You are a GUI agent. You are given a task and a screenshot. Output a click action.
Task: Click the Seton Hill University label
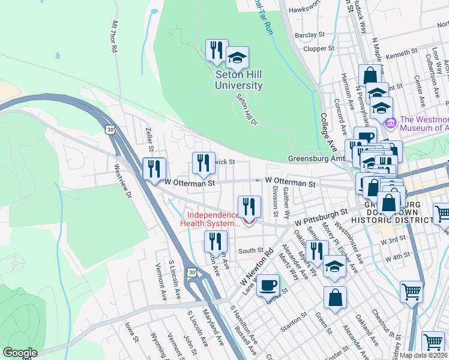(239, 80)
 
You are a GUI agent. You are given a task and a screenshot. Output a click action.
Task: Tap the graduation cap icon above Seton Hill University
(237, 58)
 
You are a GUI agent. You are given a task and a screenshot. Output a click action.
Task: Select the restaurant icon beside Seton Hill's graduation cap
(216, 51)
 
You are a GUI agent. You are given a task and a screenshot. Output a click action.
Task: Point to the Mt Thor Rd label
(113, 37)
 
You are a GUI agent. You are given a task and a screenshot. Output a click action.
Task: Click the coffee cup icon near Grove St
(268, 286)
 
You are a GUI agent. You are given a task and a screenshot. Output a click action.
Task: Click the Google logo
(20, 353)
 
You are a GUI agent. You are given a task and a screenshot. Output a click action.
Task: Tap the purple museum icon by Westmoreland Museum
(391, 123)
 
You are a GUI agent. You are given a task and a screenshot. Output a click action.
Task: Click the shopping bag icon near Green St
(335, 296)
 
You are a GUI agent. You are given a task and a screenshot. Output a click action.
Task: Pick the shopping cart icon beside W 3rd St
(442, 213)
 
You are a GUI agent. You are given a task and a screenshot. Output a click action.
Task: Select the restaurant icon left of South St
(215, 241)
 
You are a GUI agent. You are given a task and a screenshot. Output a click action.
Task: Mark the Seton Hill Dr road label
(246, 110)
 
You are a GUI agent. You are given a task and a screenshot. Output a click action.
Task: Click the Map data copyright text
(423, 355)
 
